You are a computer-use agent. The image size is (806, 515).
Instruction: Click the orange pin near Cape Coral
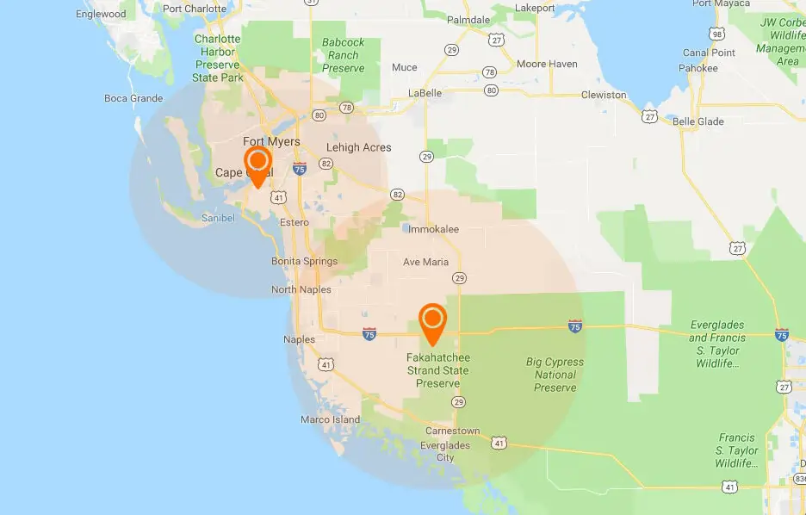tap(257, 163)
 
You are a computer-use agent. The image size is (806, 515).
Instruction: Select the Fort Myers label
tap(271, 142)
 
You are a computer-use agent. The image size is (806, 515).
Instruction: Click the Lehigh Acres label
tap(359, 147)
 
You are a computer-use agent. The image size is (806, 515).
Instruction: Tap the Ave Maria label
tap(425, 262)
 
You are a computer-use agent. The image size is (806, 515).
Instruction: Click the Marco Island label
tap(330, 419)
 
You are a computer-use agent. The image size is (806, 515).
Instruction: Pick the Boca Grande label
tap(133, 98)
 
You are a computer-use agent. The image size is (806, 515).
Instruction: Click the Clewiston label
tap(604, 95)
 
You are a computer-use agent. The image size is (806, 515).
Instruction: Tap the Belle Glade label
tap(697, 121)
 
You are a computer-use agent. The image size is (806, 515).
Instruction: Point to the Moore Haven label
tap(547, 65)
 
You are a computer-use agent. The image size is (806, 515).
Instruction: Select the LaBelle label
tap(425, 93)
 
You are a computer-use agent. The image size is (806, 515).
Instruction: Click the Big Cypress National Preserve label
tap(555, 375)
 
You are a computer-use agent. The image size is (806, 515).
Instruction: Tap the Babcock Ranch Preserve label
tap(343, 55)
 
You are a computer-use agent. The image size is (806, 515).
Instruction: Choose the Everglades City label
tap(444, 451)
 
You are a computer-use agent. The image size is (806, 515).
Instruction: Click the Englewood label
tap(101, 14)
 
